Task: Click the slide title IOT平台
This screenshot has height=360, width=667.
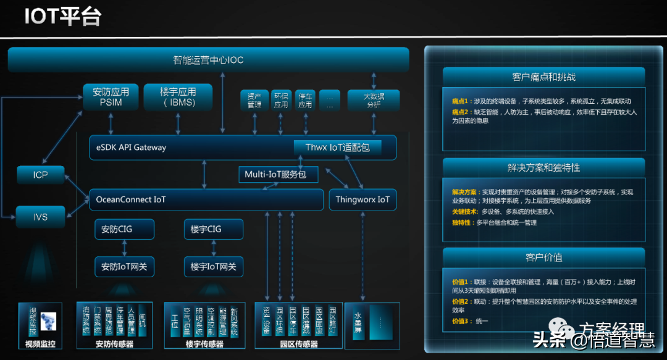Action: click(62, 17)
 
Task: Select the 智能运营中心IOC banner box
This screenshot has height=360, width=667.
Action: click(208, 61)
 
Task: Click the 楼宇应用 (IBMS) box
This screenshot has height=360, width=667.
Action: click(178, 97)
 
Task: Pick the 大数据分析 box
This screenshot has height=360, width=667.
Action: click(373, 100)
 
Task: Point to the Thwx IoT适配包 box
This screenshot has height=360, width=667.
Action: click(337, 148)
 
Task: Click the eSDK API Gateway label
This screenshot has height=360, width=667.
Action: click(132, 148)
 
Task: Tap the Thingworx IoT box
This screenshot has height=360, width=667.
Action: click(363, 199)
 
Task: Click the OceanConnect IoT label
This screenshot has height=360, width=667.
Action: click(131, 199)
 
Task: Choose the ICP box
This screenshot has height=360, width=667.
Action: click(40, 175)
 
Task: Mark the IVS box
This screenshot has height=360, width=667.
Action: click(40, 217)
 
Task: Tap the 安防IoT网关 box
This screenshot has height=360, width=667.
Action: click(124, 267)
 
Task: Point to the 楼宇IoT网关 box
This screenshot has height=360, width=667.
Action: click(213, 267)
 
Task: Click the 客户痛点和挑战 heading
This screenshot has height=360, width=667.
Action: click(543, 77)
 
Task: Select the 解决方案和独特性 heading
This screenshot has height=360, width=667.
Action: click(543, 167)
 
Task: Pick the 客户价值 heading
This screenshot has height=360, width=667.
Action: click(543, 257)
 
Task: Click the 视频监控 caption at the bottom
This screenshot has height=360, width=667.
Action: click(40, 344)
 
